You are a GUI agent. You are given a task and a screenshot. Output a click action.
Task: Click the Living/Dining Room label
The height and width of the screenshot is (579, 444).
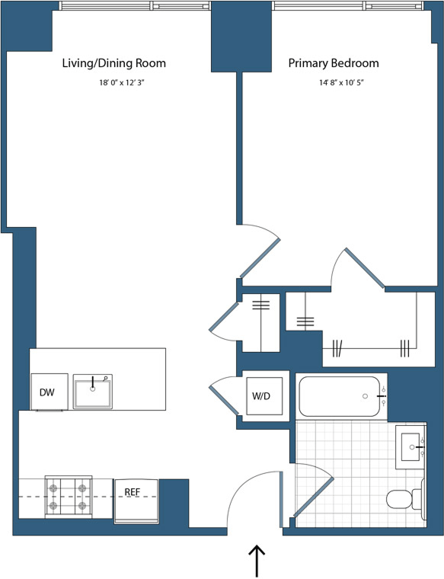[x=113, y=63]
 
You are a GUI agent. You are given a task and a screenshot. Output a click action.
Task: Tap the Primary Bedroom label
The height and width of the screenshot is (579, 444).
[x=333, y=63]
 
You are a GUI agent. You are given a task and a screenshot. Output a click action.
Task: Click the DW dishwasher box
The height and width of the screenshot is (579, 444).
[x=47, y=392]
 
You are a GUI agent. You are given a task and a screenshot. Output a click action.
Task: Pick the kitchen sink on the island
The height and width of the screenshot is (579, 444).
[x=93, y=390]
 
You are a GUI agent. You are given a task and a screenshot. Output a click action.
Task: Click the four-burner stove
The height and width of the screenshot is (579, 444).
[x=69, y=494]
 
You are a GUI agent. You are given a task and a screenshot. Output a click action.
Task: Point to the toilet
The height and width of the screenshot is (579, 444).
[x=403, y=499]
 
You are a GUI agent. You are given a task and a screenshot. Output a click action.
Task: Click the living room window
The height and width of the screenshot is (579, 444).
[x=133, y=6]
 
